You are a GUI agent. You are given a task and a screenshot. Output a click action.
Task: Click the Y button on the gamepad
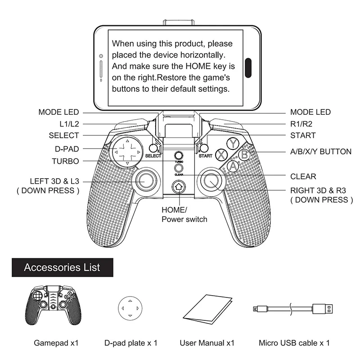(233, 143)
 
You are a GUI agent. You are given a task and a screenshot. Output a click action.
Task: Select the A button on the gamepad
(232, 166)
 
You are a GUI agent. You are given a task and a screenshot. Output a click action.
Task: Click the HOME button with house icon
(179, 186)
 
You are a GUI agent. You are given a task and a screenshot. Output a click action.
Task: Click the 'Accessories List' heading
(62, 267)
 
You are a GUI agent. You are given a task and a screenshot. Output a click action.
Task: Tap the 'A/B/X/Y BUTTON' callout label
(321, 152)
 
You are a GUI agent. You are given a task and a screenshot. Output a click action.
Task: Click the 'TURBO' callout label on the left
(65, 161)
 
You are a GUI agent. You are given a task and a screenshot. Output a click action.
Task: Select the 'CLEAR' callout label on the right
(303, 177)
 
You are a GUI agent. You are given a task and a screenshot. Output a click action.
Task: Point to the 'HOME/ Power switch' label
(184, 215)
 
